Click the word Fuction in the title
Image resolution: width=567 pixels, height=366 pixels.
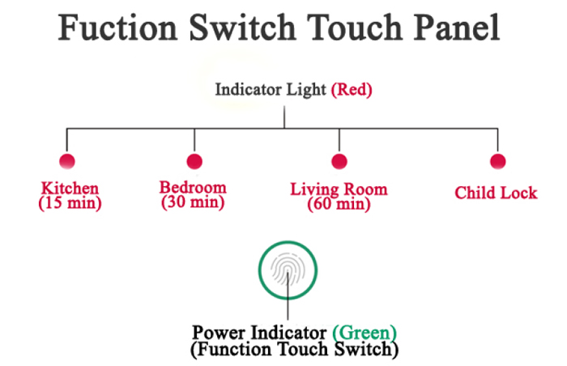coord(118,27)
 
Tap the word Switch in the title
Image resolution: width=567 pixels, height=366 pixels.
coord(243,27)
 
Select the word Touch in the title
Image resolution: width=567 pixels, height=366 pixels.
coord(355,27)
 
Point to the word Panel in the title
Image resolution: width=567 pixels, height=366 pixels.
coord(457,27)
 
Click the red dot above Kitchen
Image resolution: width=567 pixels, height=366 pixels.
coord(67,161)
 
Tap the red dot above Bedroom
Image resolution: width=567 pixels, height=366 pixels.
coord(194,161)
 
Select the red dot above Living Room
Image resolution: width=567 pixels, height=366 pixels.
coord(339,161)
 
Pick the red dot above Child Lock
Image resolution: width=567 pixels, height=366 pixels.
coord(497,161)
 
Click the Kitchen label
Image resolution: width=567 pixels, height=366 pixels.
coord(70,188)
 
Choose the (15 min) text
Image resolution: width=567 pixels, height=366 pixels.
coord(70,202)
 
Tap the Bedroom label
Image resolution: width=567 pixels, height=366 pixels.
coord(193,187)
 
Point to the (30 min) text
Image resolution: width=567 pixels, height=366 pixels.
coord(193,202)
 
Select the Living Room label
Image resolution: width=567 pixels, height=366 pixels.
coord(339,189)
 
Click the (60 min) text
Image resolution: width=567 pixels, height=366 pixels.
coord(339,204)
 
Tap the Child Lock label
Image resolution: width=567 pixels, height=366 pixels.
coord(496,193)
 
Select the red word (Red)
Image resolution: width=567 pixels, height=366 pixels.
coord(352,90)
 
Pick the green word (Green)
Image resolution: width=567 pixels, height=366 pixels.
coord(364,333)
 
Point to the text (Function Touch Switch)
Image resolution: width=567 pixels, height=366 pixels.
coord(294,349)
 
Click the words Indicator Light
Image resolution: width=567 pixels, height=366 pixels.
coord(271,90)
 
